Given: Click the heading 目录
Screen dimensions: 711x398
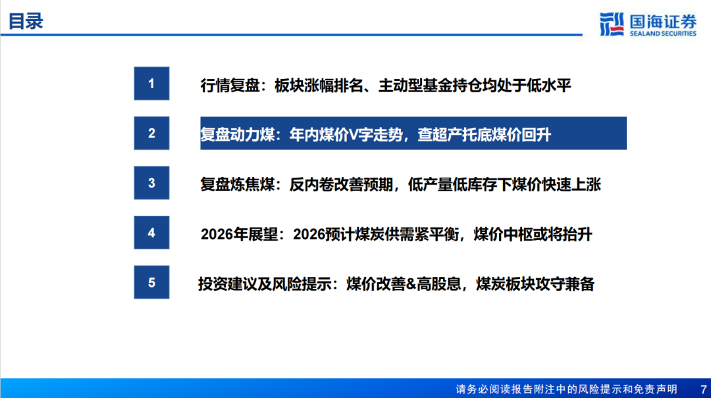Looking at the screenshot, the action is pos(26,21).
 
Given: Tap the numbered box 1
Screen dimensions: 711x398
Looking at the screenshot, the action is pos(151,84).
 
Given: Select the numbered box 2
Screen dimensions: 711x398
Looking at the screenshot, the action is pos(151,134).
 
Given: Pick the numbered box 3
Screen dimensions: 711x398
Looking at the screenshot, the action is pos(151,183).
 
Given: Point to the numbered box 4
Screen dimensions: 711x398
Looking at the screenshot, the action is pos(151,232).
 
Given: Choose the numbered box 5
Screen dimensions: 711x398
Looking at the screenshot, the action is pos(151,282).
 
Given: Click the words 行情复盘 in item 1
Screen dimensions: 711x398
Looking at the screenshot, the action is pos(230,86).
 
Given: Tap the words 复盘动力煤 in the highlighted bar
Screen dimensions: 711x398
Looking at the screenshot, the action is pos(238,135).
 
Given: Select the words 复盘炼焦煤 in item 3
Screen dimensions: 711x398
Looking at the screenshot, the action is pos(238,184).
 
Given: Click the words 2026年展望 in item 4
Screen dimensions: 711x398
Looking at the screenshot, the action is pos(239,234).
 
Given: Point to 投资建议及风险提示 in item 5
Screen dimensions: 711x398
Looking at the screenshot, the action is pos(265,284).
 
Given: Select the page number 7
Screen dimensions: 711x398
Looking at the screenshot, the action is pos(703,389).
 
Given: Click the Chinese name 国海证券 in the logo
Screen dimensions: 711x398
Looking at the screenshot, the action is pos(663,21).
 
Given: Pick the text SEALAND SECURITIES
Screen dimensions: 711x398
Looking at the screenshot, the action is pos(663,34).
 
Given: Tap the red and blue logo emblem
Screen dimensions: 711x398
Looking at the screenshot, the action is pos(612,24).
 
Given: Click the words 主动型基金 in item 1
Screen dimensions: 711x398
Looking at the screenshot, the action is pos(416,86).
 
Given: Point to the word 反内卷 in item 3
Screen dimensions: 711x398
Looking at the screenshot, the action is pos(311,184).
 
